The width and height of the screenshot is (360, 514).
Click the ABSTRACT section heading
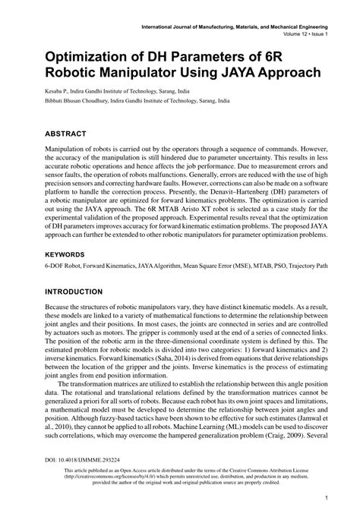coord(71,131)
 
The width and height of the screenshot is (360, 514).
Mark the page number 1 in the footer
coord(325,497)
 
